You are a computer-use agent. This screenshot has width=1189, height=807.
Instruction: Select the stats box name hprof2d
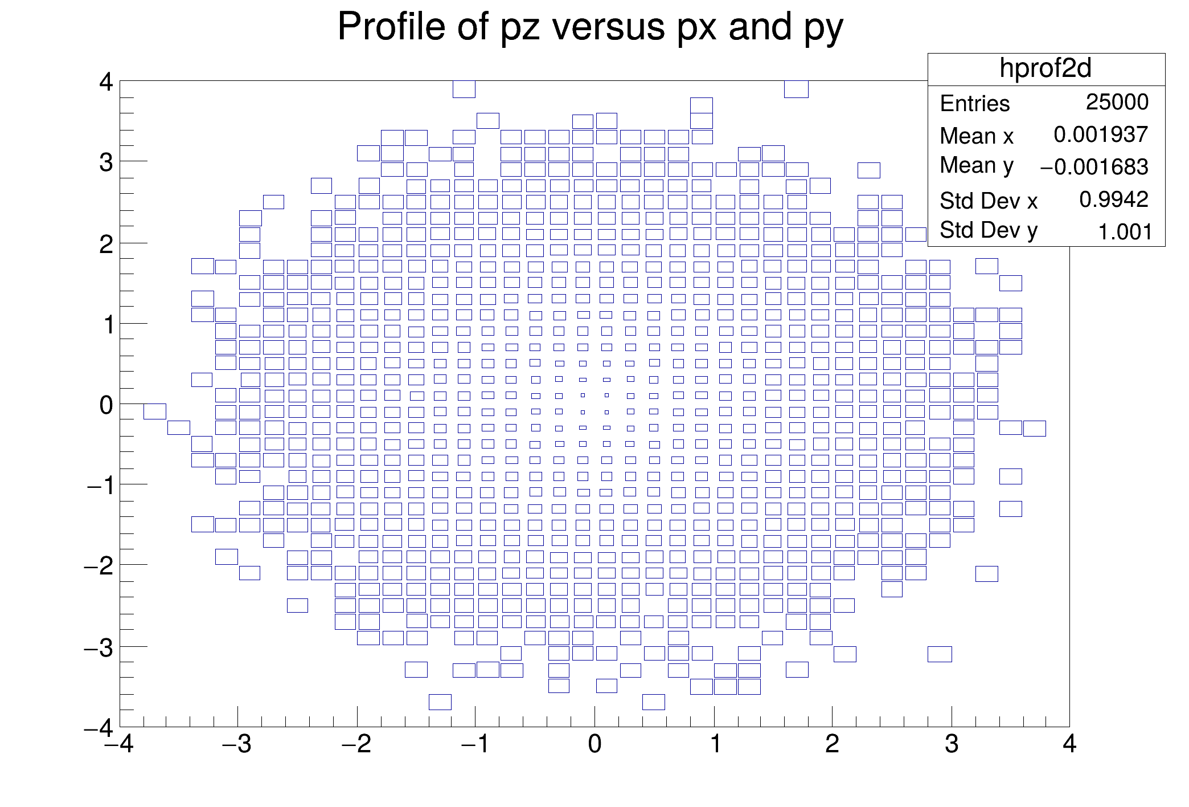pos(1045,68)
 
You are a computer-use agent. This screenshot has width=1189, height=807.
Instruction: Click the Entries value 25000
pos(1117,102)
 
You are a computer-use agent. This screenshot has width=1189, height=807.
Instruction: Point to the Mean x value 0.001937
pos(1100,134)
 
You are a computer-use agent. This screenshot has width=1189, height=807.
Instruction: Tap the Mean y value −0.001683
pos(1093,167)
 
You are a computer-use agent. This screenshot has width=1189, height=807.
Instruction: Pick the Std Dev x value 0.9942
pos(1113,199)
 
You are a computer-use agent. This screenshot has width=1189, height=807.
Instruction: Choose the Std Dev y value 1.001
pos(1125,232)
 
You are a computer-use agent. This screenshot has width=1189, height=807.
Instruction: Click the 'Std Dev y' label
pos(988,231)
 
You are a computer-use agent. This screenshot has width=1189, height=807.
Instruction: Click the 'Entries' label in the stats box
pos(974,104)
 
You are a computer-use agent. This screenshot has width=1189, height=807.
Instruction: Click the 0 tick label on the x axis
pos(594,745)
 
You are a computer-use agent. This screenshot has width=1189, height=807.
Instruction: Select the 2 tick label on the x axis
pos(832,745)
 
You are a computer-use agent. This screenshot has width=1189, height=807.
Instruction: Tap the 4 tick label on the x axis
pos(1069,745)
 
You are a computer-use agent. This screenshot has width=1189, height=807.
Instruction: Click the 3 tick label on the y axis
pos(106,163)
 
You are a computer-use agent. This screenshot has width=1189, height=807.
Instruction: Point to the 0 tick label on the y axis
pos(106,405)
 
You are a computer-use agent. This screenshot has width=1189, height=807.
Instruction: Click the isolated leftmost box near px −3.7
pos(155,411)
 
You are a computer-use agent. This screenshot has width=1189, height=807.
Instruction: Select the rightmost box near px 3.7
pos(1034,428)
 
